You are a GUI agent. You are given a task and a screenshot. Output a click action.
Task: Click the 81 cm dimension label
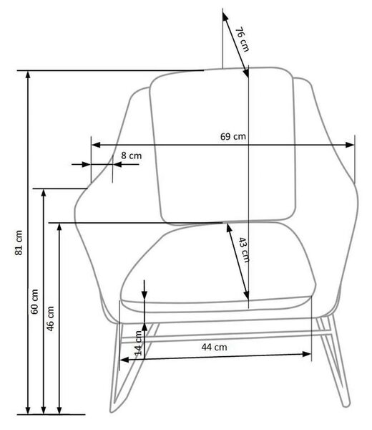coord(19,243)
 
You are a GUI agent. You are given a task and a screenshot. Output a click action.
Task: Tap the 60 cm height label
coord(34,302)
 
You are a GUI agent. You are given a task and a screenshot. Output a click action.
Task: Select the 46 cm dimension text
coord(50,318)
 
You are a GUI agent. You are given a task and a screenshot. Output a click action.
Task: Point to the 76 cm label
coord(243,39)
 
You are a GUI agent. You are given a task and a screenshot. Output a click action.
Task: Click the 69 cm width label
coord(233,136)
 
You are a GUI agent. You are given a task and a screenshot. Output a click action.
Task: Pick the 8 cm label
coord(132,156)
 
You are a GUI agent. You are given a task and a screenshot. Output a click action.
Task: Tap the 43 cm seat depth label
coord(243,249)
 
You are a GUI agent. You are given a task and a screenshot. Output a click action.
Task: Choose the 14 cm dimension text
coord(139,343)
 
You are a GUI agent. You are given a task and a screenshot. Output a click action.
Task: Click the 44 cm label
coord(214,347)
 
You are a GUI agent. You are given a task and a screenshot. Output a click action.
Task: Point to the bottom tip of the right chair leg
coord(347,404)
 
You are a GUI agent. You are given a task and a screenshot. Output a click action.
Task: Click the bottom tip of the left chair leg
coord(112,410)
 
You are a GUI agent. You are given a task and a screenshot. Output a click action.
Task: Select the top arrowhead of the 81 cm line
coord(28,75)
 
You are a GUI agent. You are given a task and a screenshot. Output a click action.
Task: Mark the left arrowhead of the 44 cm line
coord(124,360)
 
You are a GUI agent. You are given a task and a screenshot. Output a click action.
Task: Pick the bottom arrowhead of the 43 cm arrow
coord(247,295)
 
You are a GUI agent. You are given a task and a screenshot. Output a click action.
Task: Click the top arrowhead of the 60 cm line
coord(43,193)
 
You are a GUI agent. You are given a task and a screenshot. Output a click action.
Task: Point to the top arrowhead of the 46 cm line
coord(59,228)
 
